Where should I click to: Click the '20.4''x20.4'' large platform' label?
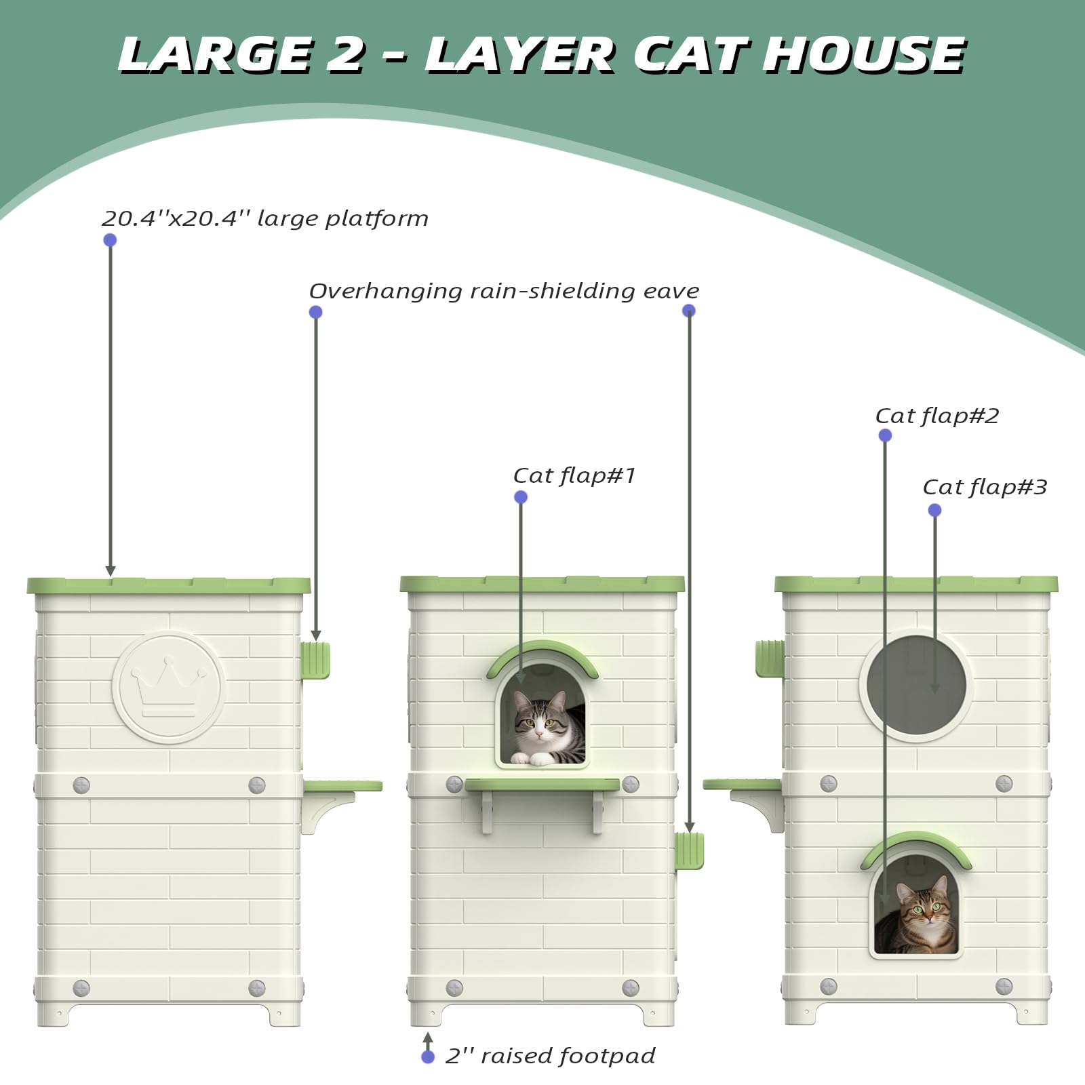click(264, 218)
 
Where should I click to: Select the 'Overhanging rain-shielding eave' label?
click(504, 291)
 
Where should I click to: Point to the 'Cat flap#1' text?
click(574, 475)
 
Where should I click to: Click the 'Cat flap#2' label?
click(936, 416)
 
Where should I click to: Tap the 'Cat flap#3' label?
click(985, 487)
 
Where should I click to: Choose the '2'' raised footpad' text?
click(550, 1056)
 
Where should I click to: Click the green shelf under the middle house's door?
click(542, 785)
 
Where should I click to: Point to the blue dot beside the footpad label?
click(428, 1057)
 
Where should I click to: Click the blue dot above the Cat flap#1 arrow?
click(521, 497)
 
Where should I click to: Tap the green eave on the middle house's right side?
click(690, 851)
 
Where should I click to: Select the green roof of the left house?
click(168, 585)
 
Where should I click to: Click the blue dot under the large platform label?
click(110, 240)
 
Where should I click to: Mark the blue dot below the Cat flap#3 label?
click(934, 510)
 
